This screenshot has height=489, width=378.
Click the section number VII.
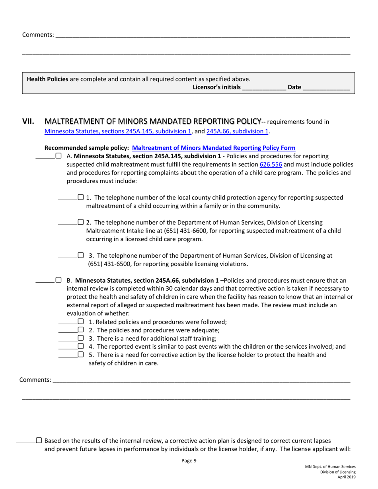tap(29, 122)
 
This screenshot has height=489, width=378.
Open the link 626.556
tap(271, 164)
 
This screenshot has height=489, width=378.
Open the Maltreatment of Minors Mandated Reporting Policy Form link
tap(214, 148)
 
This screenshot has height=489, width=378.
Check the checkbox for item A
tap(58, 156)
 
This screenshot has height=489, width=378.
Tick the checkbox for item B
tap(58, 280)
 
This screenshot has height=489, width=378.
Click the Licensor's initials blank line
tap(264, 88)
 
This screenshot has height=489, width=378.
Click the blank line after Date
tap(326, 88)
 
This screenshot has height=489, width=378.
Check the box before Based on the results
tap(39, 440)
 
